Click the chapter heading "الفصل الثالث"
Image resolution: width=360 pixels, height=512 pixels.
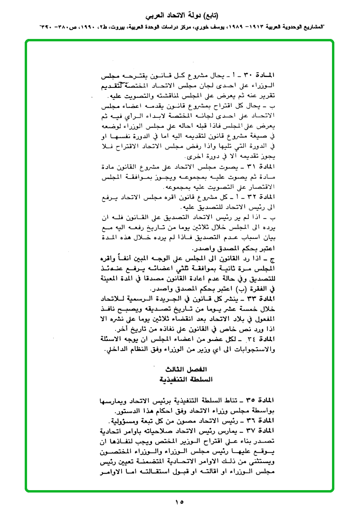coord(180,370)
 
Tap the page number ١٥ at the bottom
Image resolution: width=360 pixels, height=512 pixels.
coord(180,502)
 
